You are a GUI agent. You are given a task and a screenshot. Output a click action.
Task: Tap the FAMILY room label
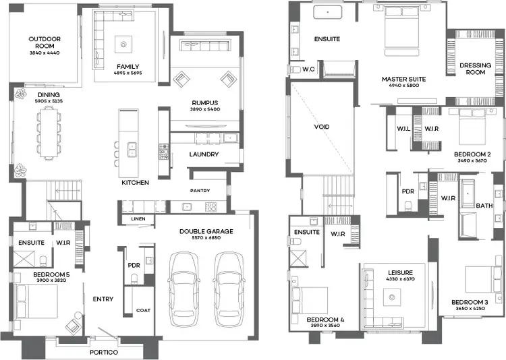point(128,67)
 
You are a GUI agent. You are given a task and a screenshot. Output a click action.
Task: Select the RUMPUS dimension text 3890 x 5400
point(205,109)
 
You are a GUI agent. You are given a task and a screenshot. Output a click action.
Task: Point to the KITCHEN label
point(135,183)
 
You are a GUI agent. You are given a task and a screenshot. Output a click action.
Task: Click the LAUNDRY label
point(204,154)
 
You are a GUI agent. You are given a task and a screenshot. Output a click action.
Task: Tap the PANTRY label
point(200,191)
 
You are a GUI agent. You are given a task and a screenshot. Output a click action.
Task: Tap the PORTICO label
point(105,353)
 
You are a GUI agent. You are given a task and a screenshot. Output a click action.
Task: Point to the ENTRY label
point(103,299)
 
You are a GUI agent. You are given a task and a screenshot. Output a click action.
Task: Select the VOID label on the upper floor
point(322,127)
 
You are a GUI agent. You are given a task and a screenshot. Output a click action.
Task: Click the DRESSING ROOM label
point(475,69)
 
